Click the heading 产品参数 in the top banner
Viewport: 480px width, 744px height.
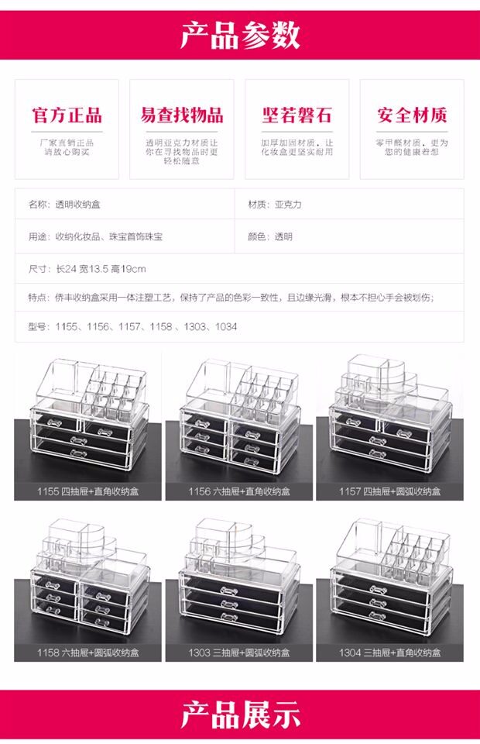240,36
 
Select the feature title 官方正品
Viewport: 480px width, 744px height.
67,116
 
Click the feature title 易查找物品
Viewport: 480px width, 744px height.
182,116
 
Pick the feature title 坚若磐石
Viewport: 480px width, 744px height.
297,116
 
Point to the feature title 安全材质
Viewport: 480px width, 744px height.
412,116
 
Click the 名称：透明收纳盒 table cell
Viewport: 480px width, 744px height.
64,205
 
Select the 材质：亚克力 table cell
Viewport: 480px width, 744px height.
275,205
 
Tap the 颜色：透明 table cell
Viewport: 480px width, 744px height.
270,236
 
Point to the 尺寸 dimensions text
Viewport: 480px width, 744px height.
87,269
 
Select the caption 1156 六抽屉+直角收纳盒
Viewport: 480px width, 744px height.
239,491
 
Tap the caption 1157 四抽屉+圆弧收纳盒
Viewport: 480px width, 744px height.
389,491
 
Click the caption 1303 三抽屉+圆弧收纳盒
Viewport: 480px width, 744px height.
239,653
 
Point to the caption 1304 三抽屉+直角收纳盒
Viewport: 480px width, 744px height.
389,653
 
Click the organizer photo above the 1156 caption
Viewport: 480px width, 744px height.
239,418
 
